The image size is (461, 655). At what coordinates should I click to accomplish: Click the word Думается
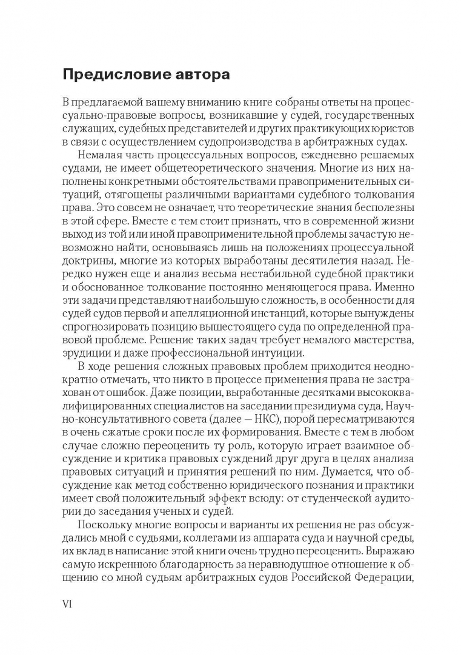click(331, 473)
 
